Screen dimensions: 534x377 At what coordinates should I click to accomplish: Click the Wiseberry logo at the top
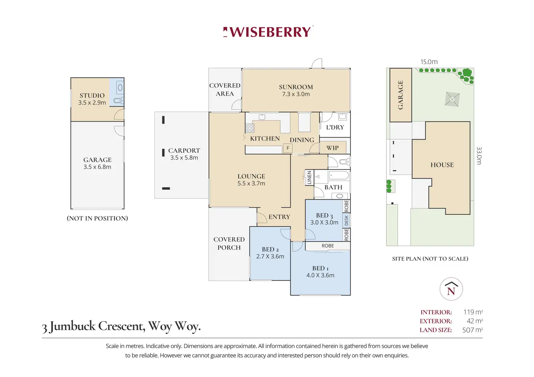point(268,32)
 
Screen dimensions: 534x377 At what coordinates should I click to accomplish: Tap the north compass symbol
point(451,289)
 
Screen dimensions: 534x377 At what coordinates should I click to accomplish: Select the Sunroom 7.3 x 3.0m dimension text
point(296,94)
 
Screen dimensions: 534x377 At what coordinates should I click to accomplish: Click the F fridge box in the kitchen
point(288,148)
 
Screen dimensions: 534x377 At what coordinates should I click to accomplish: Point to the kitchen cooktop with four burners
point(250,128)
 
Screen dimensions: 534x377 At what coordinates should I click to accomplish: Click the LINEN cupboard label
point(309,177)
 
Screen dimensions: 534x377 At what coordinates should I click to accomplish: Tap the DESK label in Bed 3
point(346,220)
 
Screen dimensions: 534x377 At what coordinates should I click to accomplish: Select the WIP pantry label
point(332,148)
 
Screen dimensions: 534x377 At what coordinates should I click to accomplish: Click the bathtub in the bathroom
point(339,175)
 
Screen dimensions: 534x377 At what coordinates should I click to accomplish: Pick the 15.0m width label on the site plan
point(429,62)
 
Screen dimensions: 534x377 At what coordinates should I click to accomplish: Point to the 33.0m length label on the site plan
point(479,156)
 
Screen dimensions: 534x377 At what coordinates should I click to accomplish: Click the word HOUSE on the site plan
point(442,165)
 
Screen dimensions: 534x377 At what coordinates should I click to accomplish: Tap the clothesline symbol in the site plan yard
point(452,99)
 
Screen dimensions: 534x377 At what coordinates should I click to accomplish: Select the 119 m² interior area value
point(473,312)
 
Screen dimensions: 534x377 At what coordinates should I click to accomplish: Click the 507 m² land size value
point(472,330)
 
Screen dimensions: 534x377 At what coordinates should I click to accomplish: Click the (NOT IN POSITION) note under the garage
point(97,218)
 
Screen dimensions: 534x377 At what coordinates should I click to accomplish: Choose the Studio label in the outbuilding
point(92,96)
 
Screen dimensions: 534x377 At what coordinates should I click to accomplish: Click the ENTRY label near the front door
point(279,217)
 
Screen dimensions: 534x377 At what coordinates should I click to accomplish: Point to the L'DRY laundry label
point(335,127)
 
